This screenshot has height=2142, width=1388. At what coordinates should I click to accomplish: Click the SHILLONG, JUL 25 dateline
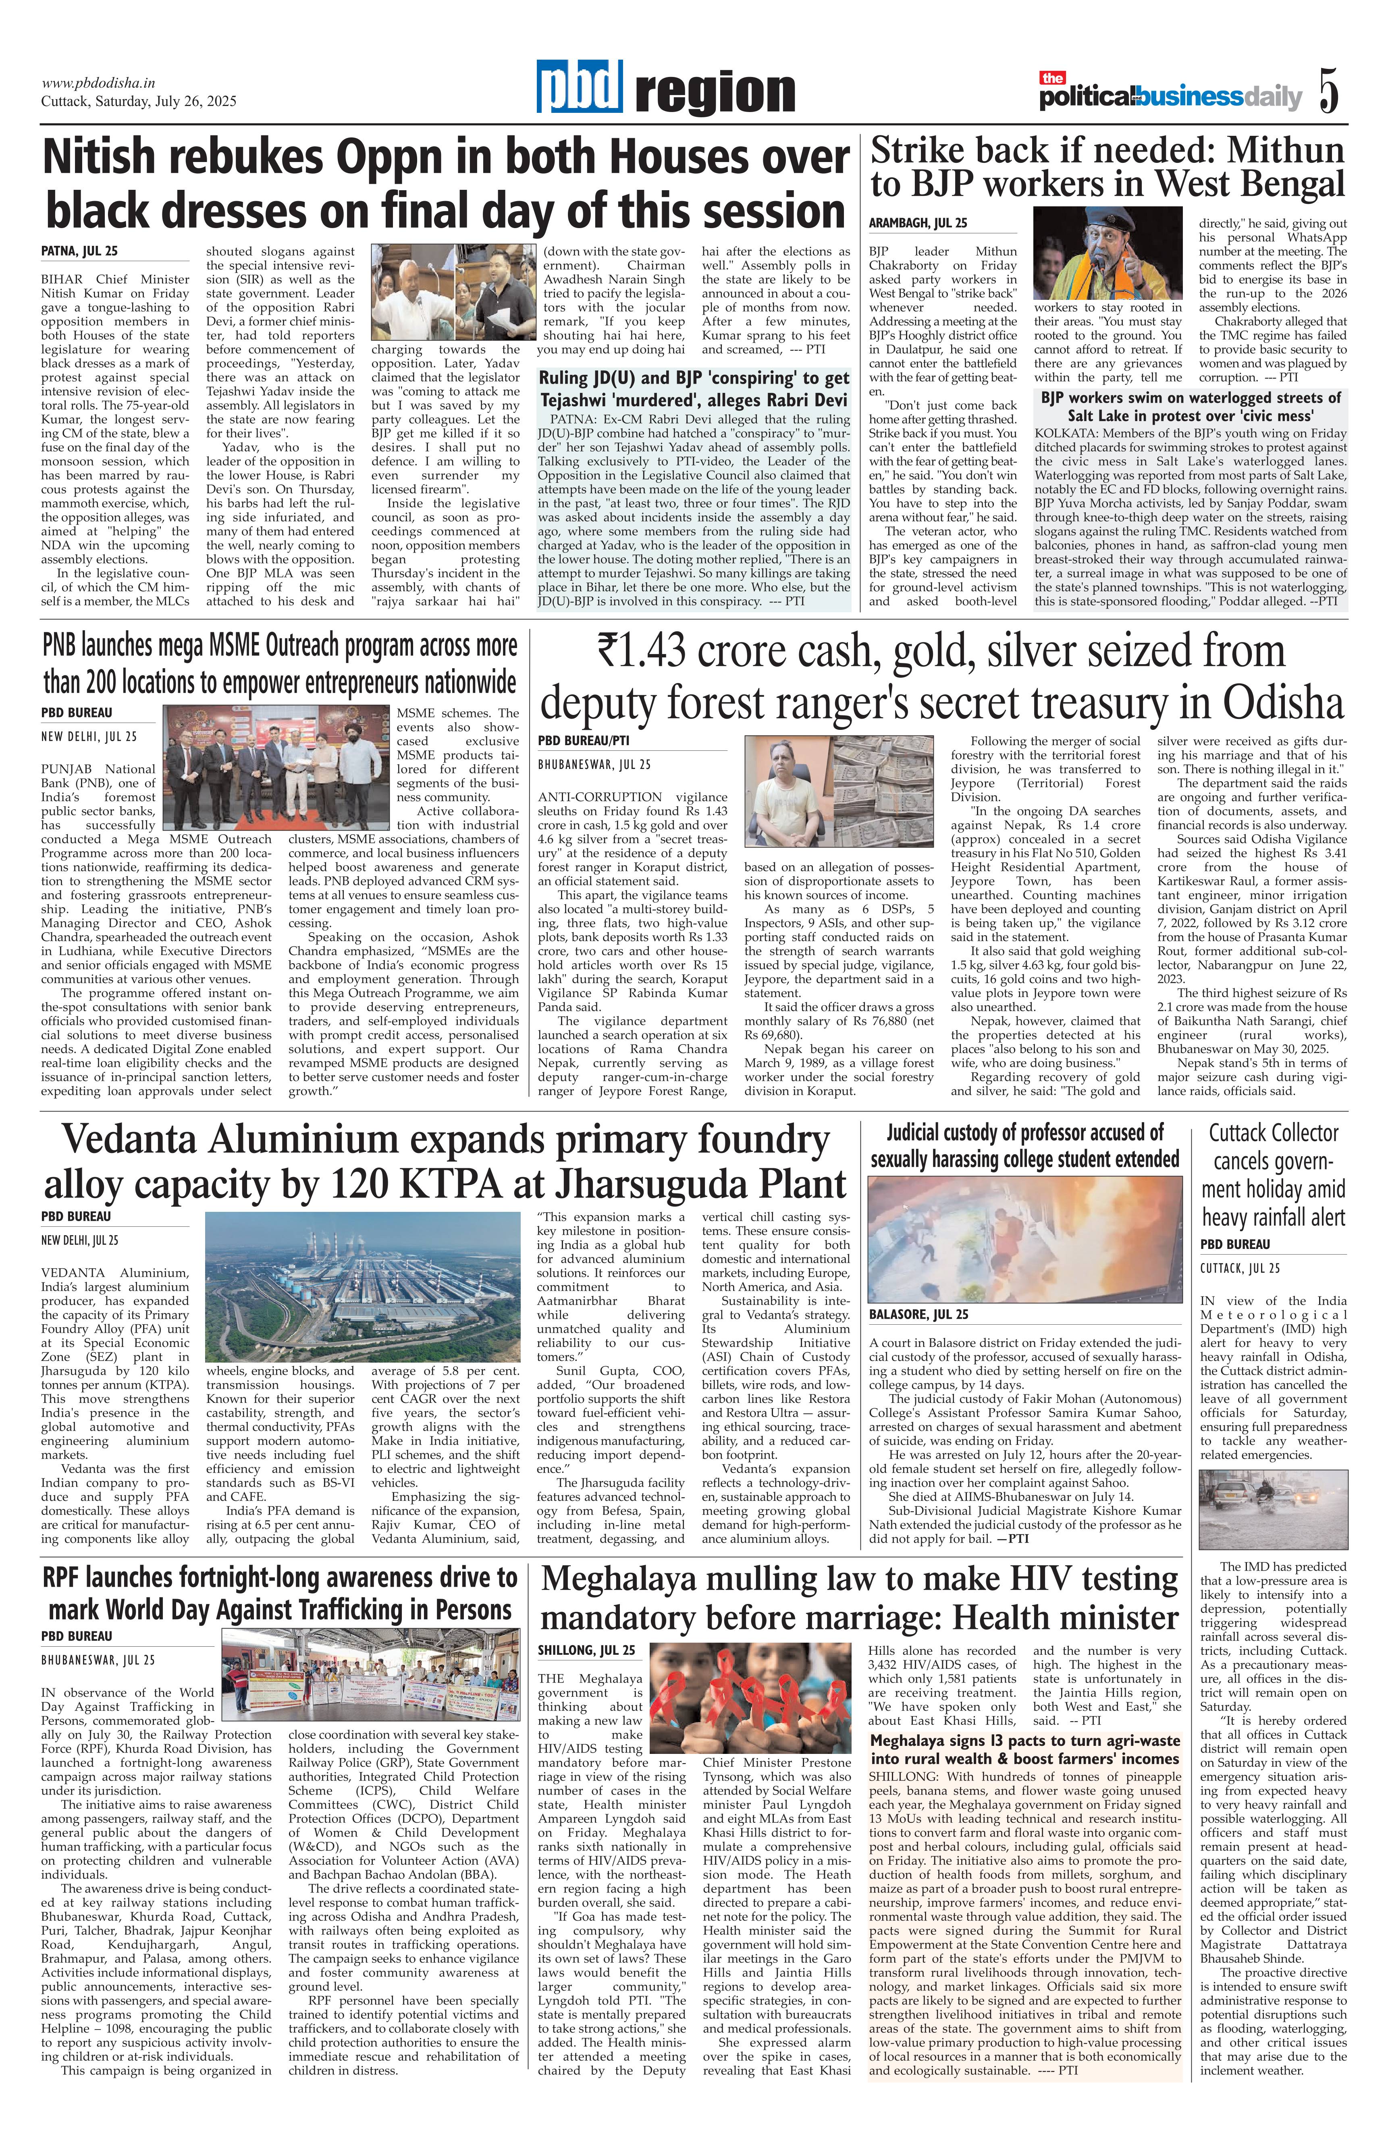[x=586, y=1650]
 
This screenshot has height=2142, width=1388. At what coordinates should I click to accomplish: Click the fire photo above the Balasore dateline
[x=1024, y=1238]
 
